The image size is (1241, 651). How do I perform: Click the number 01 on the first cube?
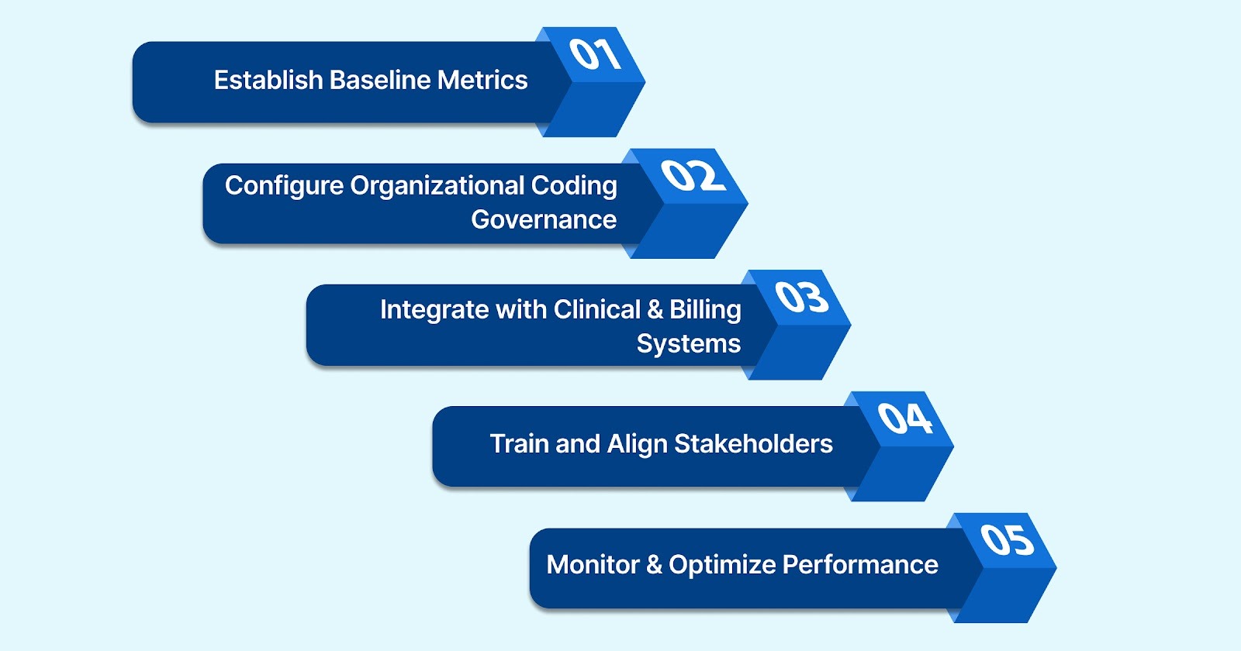pyautogui.click(x=595, y=54)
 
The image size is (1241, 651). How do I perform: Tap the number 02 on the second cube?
pyautogui.click(x=693, y=176)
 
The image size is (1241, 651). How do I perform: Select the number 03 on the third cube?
pyautogui.click(x=802, y=297)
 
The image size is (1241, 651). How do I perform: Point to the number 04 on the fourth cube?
pyautogui.click(x=904, y=418)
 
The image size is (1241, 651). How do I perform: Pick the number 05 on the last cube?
pyautogui.click(x=1007, y=539)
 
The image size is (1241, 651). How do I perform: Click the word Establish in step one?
pyautogui.click(x=268, y=80)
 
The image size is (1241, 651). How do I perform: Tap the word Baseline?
pyautogui.click(x=379, y=80)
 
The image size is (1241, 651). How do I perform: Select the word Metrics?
pyautogui.click(x=482, y=80)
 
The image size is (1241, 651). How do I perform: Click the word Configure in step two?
pyautogui.click(x=284, y=187)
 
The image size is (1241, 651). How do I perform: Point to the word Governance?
pyautogui.click(x=544, y=220)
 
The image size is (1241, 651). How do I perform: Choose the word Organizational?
pyautogui.click(x=437, y=187)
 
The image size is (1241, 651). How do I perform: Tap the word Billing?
pyautogui.click(x=705, y=310)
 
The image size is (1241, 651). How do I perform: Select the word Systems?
pyautogui.click(x=688, y=343)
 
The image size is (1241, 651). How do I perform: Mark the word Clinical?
pyautogui.click(x=597, y=309)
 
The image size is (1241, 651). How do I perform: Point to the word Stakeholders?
pyautogui.click(x=753, y=444)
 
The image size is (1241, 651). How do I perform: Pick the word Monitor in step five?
pyautogui.click(x=593, y=565)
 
